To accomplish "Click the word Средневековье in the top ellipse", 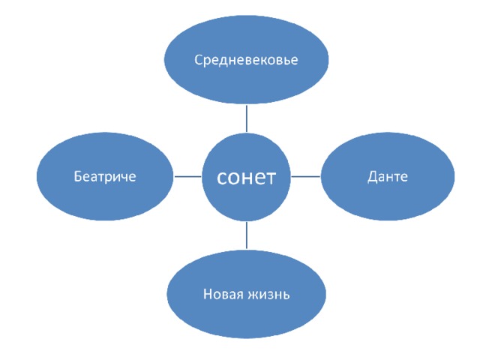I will pos(246,60).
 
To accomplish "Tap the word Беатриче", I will pos(105,177).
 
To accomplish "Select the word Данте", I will pos(388,176).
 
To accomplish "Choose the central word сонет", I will pos(247,177).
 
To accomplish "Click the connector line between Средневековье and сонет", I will pos(247,118).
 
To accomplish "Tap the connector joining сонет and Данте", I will pos(306,177).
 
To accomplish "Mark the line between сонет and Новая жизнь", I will pos(247,235).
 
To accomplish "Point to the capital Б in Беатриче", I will pos(78,177).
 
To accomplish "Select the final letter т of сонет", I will pos(272,178).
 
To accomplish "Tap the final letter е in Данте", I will pos(404,177).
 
